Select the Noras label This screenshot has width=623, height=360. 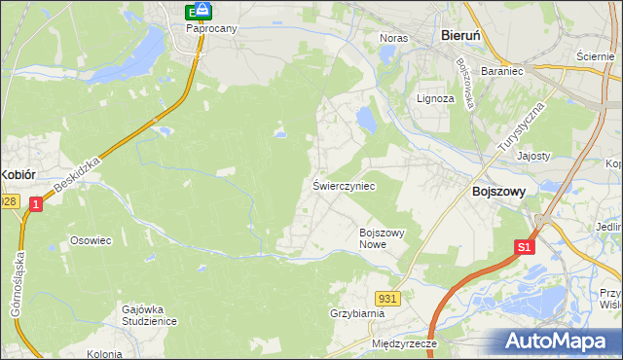click(392, 38)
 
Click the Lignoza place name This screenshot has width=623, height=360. click(435, 98)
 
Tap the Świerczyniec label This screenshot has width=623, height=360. click(344, 185)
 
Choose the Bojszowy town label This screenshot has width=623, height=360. click(498, 192)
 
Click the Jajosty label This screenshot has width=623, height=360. click(534, 156)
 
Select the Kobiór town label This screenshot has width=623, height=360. click(18, 174)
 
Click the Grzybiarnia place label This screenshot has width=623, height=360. click(357, 314)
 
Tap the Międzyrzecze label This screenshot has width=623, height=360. click(405, 344)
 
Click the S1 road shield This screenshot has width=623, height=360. click(525, 248)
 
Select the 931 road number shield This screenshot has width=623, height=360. click(386, 297)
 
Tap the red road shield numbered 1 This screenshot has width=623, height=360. click(36, 204)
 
